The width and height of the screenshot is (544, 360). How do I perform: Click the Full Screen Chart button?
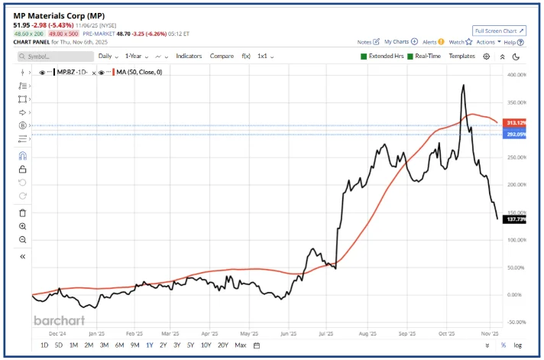500,31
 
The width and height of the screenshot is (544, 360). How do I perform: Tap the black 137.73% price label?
517,219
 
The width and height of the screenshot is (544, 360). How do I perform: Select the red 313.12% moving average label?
517,122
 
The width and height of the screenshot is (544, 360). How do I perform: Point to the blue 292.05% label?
517,135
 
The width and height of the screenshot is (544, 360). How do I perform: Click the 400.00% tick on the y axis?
517,75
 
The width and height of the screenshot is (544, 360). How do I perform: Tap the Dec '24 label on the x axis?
58,334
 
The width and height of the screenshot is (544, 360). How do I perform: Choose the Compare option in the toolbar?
222,57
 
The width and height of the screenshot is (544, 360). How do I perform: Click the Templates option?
461,57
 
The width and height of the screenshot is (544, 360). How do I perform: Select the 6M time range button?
120,345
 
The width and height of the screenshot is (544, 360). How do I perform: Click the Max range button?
241,345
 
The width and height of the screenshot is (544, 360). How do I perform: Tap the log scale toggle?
517,345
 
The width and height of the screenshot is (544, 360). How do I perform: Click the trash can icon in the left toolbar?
22,213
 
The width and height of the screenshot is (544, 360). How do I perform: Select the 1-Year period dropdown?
136,57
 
